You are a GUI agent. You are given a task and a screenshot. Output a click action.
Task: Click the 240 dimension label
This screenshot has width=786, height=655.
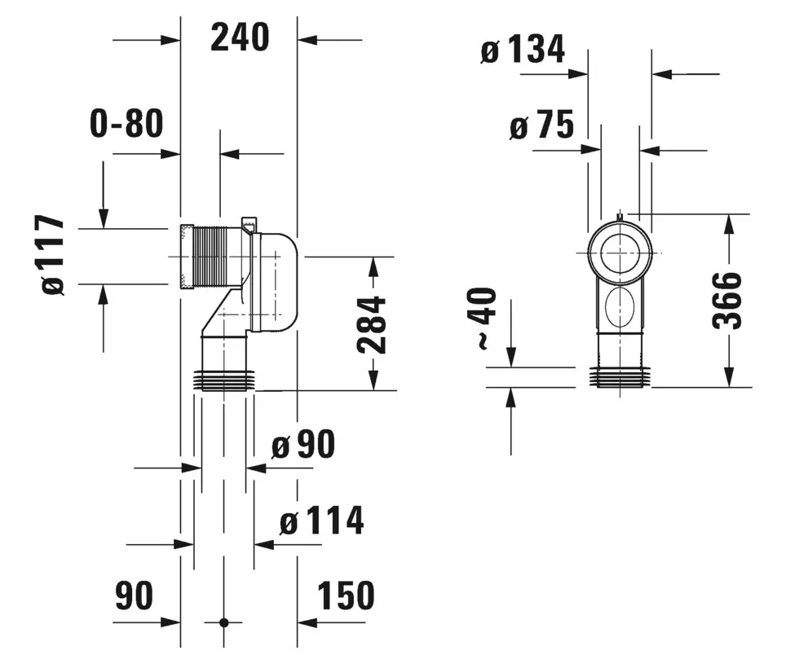click(x=240, y=37)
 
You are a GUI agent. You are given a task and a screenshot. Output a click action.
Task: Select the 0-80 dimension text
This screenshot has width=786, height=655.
click(x=127, y=123)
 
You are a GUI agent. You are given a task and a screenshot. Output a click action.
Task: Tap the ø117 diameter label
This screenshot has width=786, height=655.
click(x=53, y=255)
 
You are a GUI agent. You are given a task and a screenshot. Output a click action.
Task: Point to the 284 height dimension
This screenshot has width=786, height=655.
click(x=372, y=325)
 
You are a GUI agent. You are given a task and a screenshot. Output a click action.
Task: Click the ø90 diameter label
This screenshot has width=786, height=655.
click(x=303, y=444)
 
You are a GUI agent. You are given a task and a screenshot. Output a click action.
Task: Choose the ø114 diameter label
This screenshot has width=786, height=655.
click(x=321, y=521)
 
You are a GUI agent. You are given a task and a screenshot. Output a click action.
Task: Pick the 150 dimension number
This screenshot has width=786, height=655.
click(x=346, y=596)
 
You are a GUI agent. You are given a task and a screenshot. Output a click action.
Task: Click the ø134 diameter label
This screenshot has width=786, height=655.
click(x=523, y=49)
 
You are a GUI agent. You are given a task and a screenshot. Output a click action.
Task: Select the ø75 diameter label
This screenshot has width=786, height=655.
click(x=541, y=125)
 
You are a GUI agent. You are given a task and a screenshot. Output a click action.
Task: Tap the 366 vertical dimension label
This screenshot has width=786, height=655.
click(x=726, y=301)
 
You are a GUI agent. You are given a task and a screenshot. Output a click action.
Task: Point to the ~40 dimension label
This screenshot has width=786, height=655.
click(x=485, y=319)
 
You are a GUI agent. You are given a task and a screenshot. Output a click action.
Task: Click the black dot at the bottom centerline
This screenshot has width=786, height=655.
click(x=223, y=622)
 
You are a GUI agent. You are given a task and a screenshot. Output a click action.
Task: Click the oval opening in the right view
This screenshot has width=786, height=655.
click(x=620, y=307)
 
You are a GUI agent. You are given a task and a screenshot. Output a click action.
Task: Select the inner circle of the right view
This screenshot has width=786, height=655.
click(x=620, y=253)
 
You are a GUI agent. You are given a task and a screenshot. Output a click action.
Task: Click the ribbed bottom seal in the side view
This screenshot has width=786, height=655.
click(x=224, y=380)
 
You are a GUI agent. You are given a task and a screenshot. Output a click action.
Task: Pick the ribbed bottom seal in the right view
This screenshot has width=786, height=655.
click(x=620, y=377)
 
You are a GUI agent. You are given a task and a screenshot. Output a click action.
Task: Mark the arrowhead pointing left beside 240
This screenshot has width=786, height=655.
click(x=307, y=40)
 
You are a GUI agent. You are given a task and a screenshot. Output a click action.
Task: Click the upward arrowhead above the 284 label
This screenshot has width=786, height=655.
click(x=373, y=266)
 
